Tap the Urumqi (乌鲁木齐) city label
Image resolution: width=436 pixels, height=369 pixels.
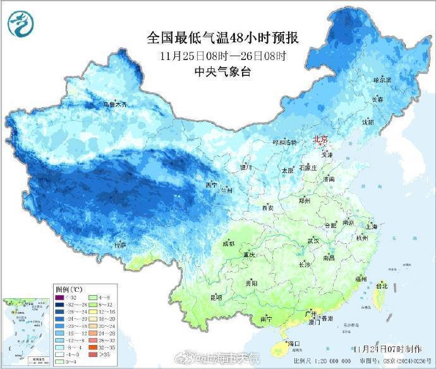coord(119,104)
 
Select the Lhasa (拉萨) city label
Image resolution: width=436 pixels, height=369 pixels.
coord(120,245)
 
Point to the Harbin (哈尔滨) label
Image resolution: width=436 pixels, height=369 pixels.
coord(382,81)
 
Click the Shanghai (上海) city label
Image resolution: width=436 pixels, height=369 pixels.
coord(371,226)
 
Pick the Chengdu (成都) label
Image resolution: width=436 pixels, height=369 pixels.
coord(228,244)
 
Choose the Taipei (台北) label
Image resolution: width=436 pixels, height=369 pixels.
coord(381,286)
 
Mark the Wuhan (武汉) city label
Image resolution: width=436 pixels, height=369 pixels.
coord(313,241)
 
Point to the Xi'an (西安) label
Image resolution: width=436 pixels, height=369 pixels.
coord(267,207)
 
